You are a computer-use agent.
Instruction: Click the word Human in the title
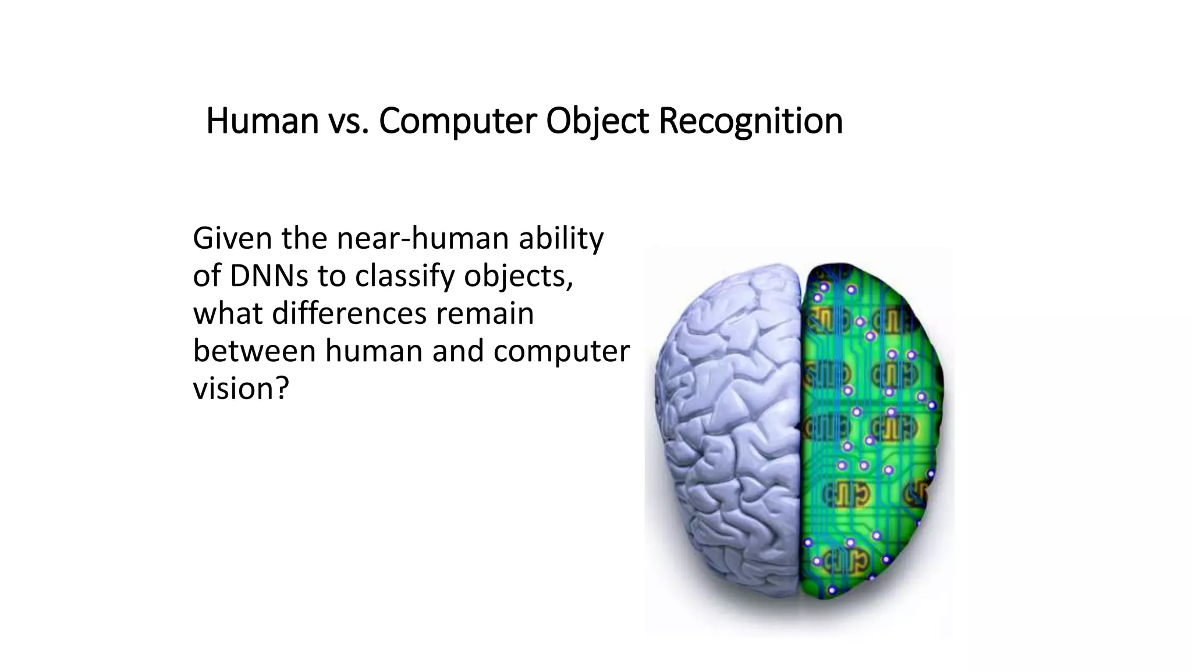click(x=262, y=121)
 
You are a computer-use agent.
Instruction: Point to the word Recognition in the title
click(x=750, y=121)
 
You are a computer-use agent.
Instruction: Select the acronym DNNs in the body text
click(x=269, y=276)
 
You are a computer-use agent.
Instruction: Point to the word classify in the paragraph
click(x=405, y=276)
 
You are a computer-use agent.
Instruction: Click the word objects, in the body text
click(x=519, y=276)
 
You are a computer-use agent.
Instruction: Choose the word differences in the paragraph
click(x=349, y=313)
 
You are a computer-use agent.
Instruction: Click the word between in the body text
click(x=254, y=351)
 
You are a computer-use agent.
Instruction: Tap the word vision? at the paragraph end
click(x=240, y=388)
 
